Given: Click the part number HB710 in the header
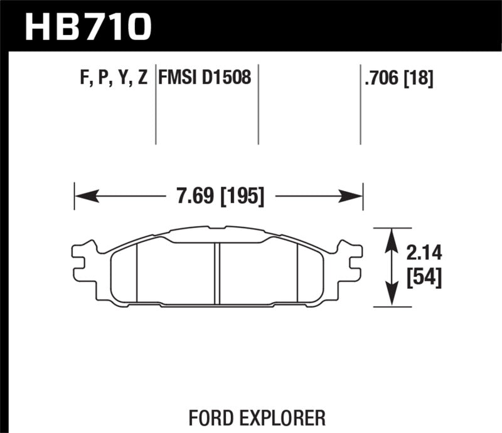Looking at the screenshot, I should tap(87, 26).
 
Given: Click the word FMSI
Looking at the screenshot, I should tap(179, 79).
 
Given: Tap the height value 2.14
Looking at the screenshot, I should tap(424, 253).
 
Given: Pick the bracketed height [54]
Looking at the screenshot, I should tap(424, 277).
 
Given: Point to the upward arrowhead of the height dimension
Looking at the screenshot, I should tap(392, 237).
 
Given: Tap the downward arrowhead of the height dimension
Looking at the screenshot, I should tap(392, 298).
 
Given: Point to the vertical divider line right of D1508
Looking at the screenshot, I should tap(259, 103).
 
